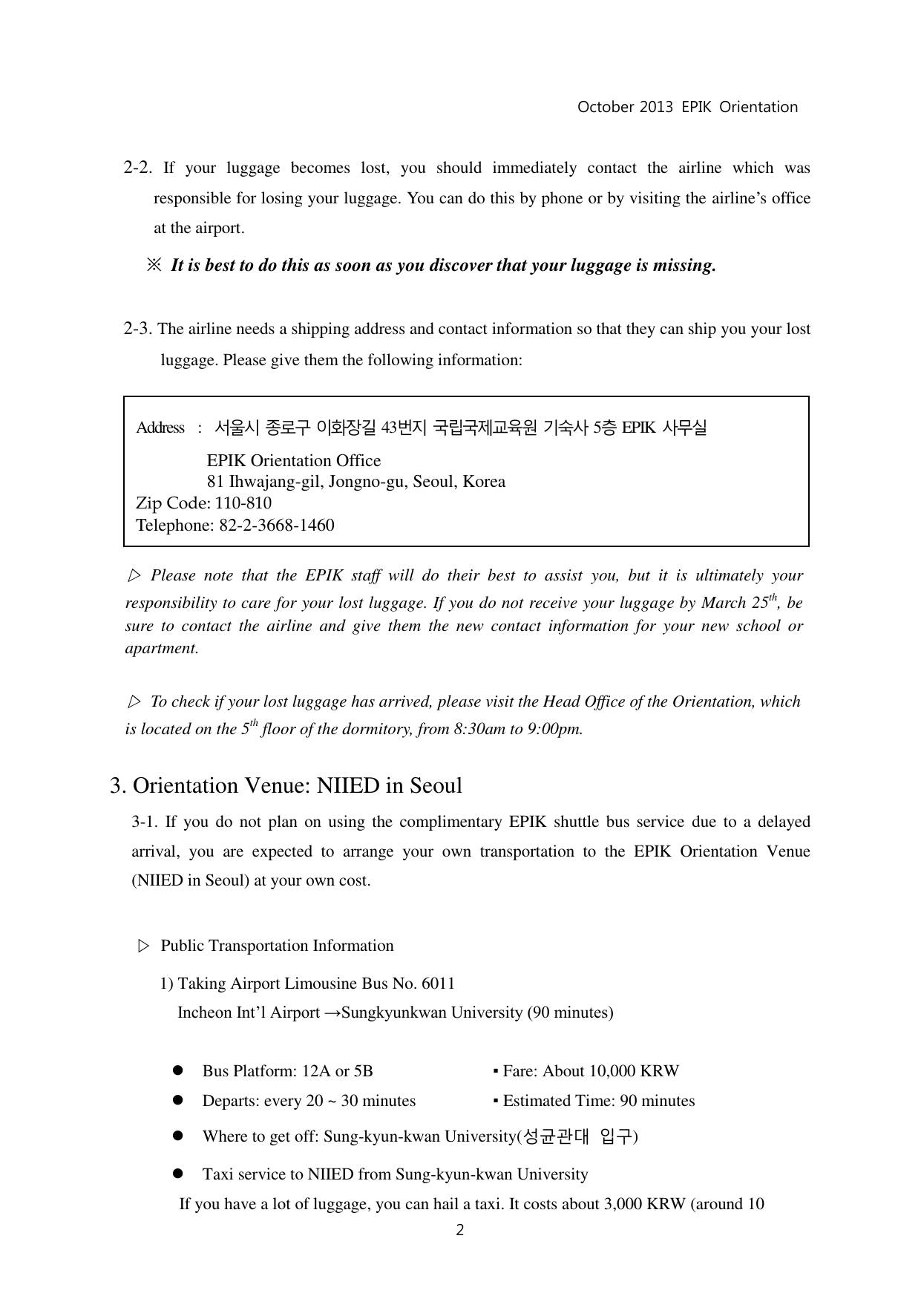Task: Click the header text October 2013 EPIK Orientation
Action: point(687,107)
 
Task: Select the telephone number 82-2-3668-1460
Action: point(277,526)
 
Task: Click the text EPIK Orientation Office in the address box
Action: point(293,461)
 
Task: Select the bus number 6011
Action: point(438,984)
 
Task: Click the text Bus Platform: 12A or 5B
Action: point(287,1071)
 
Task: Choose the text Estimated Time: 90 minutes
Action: point(598,1101)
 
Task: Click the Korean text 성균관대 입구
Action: point(578,1136)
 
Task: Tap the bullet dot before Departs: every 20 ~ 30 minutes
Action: point(178,1101)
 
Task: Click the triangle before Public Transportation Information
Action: point(144,946)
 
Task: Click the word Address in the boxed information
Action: point(160,428)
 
